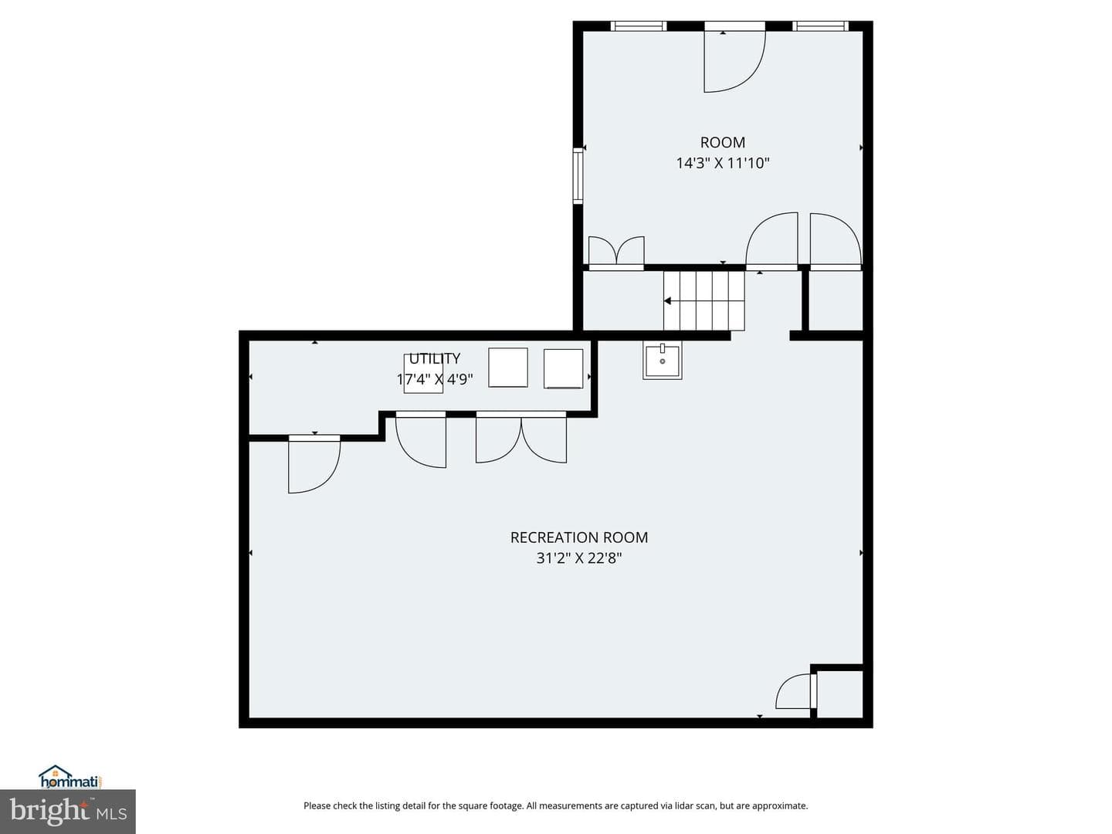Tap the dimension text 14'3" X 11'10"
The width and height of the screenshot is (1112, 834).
[723, 163]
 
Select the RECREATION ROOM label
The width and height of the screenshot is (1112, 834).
[579, 537]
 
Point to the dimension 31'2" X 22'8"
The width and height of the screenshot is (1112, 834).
[579, 558]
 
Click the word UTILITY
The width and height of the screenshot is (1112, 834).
[435, 358]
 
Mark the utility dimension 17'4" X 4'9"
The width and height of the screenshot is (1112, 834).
[435, 379]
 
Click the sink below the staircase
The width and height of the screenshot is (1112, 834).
[663, 360]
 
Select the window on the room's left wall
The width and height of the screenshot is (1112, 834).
[578, 175]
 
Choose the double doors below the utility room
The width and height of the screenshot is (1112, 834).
[521, 439]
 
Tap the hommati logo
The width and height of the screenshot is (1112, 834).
[71, 776]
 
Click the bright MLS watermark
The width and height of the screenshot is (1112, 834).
[68, 812]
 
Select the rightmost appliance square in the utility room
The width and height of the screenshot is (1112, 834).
[564, 369]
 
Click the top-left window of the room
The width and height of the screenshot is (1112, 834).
[639, 25]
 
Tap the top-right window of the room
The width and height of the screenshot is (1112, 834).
[821, 25]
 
